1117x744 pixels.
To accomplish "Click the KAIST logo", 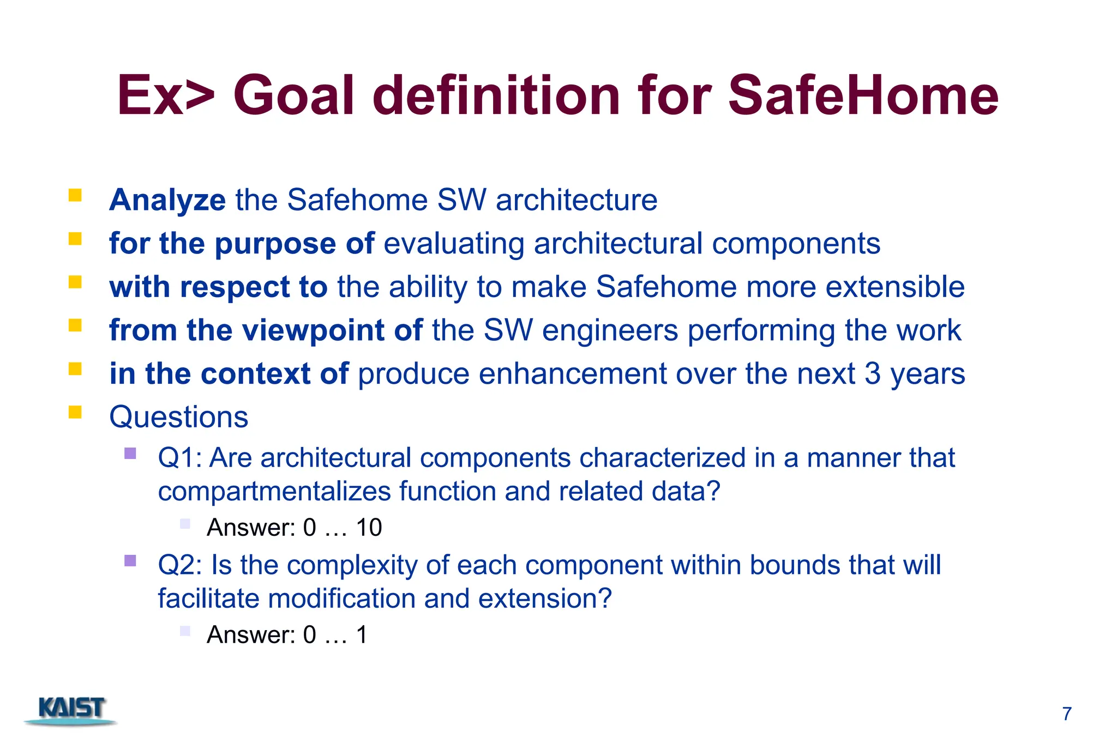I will coord(71,710).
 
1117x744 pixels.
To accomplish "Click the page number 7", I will coord(1067,714).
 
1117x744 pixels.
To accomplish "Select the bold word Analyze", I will coord(167,200).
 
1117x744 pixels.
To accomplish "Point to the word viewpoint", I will coord(313,331).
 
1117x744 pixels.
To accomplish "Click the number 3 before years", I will coord(872,374).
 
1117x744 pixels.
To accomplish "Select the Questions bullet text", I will coord(178,417).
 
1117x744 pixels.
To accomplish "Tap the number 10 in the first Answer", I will coord(369,528).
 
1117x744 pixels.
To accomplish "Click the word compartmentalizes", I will coord(274,492).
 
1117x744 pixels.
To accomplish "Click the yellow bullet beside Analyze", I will coord(75,195).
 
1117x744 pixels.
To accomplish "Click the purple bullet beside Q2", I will coord(130,561).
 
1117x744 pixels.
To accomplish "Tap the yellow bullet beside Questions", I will coord(75,412).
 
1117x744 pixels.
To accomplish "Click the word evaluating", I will coord(454,244).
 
